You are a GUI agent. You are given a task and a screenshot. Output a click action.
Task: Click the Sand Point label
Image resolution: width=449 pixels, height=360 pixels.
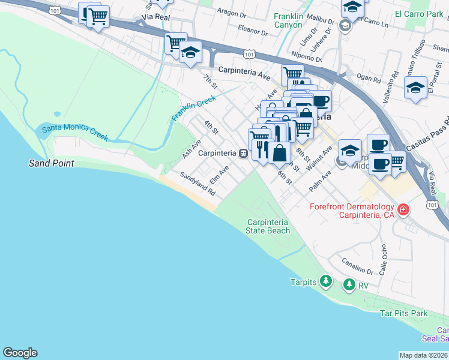pyautogui.click(x=52, y=163)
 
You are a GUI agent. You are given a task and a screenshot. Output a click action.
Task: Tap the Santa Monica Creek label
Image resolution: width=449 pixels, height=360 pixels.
pyautogui.click(x=75, y=133)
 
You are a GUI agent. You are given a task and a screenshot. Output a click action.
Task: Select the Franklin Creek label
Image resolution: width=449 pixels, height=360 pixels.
pyautogui.click(x=193, y=109)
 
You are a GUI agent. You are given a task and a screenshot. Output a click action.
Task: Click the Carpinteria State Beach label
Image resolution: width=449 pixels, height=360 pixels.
pyautogui.click(x=268, y=226)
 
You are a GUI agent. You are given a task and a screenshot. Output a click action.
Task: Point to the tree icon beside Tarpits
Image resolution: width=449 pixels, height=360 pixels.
pyautogui.click(x=325, y=280)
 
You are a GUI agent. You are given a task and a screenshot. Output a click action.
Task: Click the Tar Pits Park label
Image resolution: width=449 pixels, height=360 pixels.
pyautogui.click(x=403, y=313)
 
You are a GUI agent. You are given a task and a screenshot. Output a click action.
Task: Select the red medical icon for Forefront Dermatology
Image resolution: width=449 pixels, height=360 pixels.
pyautogui.click(x=403, y=210)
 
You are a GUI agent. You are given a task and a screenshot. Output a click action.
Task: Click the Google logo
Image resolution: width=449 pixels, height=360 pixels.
pyautogui.click(x=20, y=353)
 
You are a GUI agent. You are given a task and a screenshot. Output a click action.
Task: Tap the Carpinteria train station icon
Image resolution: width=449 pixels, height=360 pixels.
pyautogui.click(x=243, y=153)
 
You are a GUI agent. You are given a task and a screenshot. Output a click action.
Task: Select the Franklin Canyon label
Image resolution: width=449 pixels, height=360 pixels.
pyautogui.click(x=296, y=21)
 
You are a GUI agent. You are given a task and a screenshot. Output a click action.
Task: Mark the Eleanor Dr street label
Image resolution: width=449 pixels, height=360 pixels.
pyautogui.click(x=252, y=29)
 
